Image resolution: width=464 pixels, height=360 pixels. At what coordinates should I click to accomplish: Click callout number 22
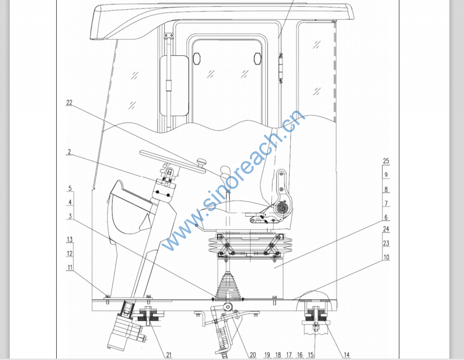click(69, 103)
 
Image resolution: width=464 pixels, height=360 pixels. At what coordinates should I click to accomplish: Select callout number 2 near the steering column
click(69, 152)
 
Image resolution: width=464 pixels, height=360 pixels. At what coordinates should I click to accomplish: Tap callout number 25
click(386, 161)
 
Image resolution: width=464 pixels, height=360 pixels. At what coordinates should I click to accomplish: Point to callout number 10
click(386, 257)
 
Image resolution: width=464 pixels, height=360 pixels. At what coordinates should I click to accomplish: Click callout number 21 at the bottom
click(169, 355)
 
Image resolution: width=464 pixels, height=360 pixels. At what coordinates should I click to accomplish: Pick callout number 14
click(347, 355)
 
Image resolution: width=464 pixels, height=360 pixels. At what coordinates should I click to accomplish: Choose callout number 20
click(253, 355)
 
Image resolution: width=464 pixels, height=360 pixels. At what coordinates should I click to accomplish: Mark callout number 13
click(69, 239)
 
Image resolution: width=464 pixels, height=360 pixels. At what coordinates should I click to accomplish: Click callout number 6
click(386, 217)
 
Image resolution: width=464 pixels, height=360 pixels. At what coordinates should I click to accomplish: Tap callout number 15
click(311, 355)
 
